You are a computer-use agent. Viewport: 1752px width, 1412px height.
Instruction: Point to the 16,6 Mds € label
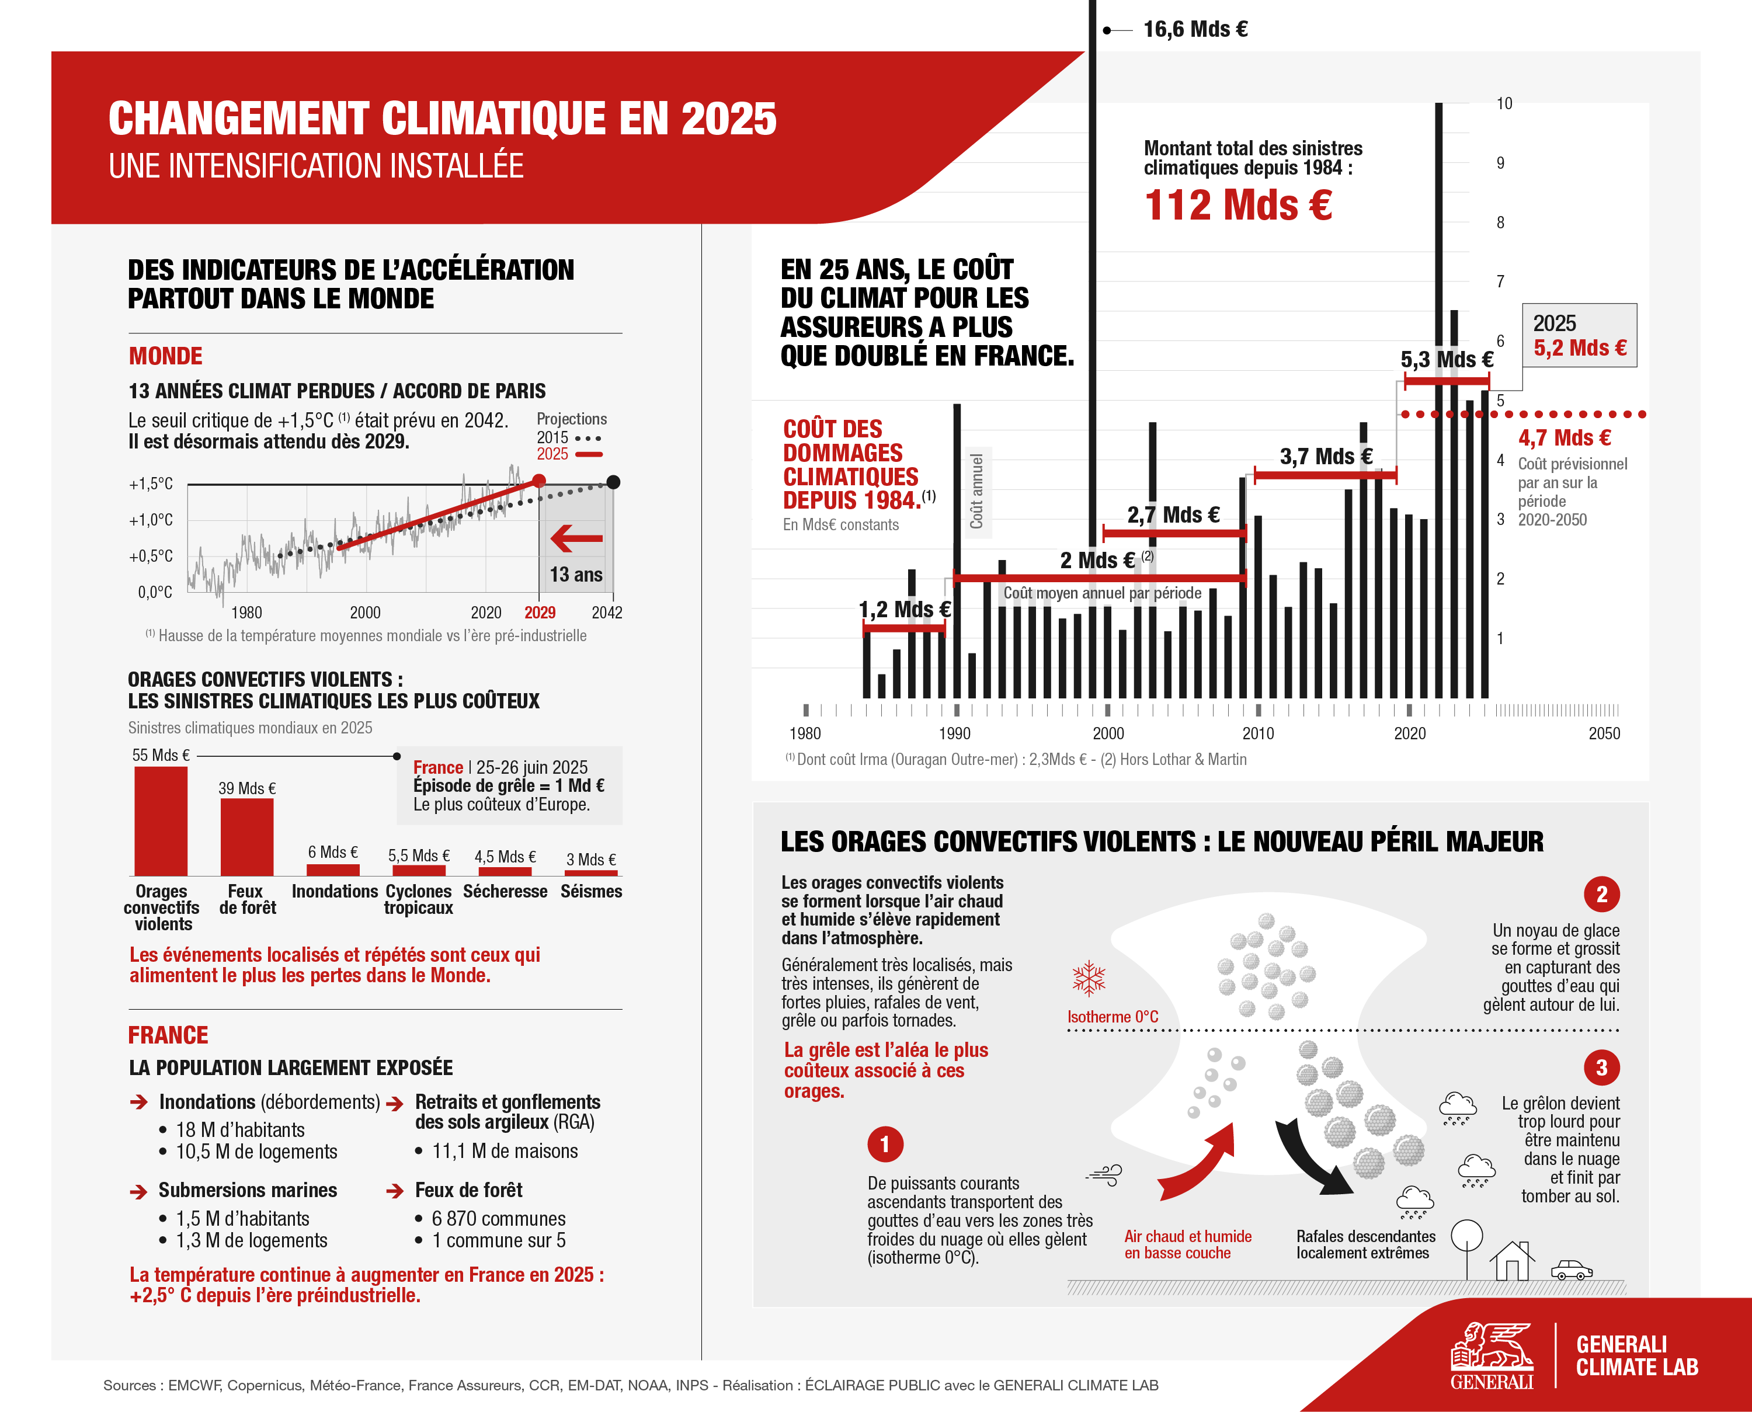[1195, 29]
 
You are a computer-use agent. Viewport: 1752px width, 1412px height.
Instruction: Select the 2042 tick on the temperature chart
[607, 613]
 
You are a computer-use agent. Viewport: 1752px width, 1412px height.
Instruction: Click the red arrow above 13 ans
[576, 538]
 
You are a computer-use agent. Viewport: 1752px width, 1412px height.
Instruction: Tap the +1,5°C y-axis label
[151, 484]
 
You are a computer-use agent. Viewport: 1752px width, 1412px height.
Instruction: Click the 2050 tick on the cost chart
[1604, 733]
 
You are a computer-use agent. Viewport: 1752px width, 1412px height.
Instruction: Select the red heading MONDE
[165, 356]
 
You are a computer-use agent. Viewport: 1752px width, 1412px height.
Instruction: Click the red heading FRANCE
[168, 1035]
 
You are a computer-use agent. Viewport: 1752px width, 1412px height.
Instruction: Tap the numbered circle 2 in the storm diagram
[1601, 895]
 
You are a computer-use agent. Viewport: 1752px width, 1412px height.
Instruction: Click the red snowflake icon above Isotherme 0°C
[1089, 979]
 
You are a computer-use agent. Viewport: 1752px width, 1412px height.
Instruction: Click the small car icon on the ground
[1570, 1270]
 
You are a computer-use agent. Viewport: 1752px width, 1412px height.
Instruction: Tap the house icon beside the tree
[1511, 1261]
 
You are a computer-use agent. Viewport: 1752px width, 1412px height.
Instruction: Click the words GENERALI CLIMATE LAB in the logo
[1636, 1356]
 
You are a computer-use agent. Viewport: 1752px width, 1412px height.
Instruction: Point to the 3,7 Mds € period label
[1326, 456]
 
